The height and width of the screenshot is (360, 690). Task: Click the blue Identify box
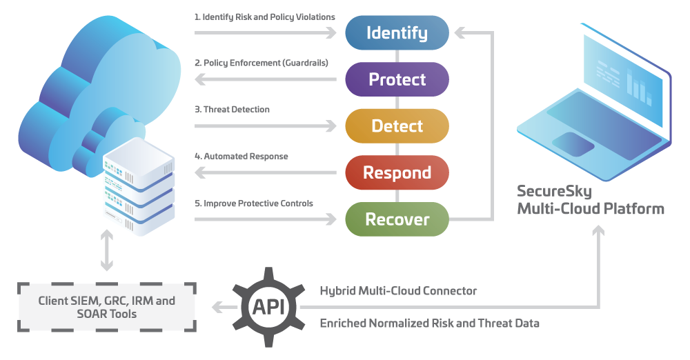pyautogui.click(x=397, y=32)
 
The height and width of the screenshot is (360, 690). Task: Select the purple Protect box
pyautogui.click(x=397, y=79)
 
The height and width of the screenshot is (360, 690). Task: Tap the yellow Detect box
pyautogui.click(x=397, y=126)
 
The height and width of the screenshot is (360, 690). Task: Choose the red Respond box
pyautogui.click(x=397, y=172)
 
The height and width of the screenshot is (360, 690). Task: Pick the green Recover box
pyautogui.click(x=397, y=219)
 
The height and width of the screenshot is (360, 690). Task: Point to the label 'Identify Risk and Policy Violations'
pyautogui.click(x=265, y=16)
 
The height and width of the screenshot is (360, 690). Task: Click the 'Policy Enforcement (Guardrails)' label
pyautogui.click(x=261, y=63)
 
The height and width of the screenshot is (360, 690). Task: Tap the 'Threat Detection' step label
pyautogui.click(x=232, y=110)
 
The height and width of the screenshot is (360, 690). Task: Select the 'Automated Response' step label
pyautogui.click(x=241, y=157)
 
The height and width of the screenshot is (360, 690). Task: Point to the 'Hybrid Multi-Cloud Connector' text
pyautogui.click(x=398, y=291)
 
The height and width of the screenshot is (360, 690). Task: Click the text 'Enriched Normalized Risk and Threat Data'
pyautogui.click(x=430, y=323)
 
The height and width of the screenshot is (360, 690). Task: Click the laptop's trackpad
pyautogui.click(x=573, y=143)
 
